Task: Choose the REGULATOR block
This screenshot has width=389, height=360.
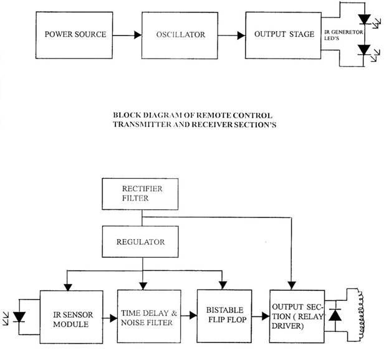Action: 143,240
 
